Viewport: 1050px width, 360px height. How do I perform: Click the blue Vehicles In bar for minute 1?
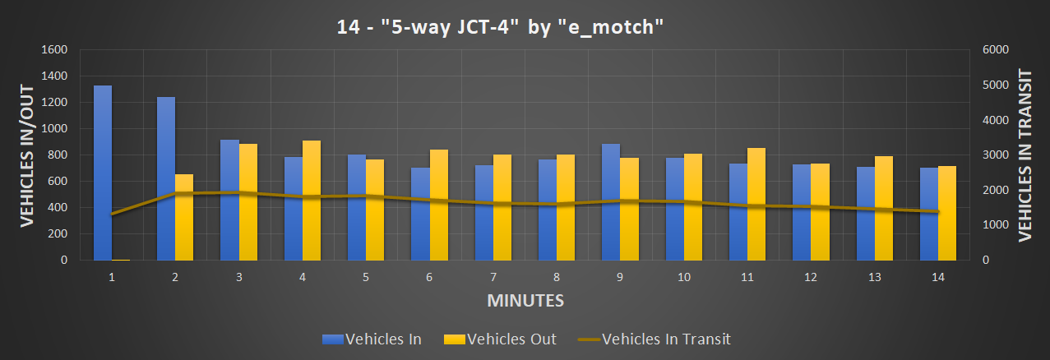tap(103, 173)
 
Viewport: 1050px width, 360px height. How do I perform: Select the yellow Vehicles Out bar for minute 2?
tap(184, 217)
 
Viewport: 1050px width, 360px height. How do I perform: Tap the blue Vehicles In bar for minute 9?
tap(610, 202)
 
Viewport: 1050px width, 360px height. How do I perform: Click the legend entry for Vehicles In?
tap(373, 339)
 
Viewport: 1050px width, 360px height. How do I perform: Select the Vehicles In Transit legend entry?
tap(654, 339)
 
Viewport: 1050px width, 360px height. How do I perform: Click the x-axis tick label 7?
tap(493, 278)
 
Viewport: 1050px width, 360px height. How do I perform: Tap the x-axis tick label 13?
tap(874, 278)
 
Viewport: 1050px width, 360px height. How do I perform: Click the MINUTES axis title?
tap(525, 300)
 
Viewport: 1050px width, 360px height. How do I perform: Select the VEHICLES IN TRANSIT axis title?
tap(1025, 155)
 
